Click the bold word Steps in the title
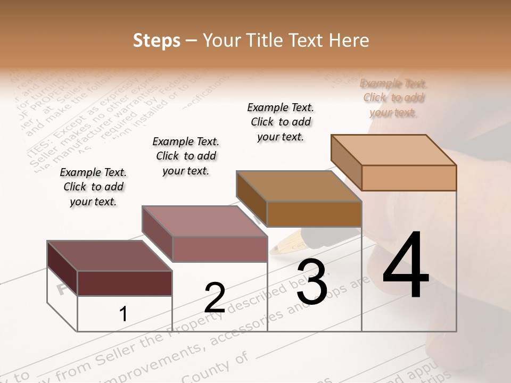156,41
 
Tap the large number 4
406,266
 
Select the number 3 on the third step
312,282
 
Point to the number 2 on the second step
215,298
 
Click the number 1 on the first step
123,314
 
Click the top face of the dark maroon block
109,256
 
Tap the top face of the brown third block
298,186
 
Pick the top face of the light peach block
393,149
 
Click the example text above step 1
93,187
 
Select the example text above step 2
186,156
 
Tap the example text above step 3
281,122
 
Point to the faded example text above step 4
393,98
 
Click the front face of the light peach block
409,178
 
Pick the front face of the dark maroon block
125,283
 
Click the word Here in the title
349,41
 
